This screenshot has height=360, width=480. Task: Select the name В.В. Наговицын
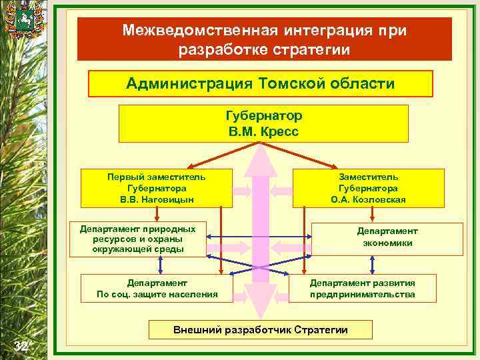[x=157, y=199]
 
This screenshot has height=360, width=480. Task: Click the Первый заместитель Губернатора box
[x=157, y=188]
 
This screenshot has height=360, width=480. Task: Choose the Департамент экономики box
[x=387, y=237]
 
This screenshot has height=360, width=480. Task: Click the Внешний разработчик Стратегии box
[x=261, y=330]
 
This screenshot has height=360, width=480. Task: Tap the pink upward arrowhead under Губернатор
[x=264, y=160]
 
